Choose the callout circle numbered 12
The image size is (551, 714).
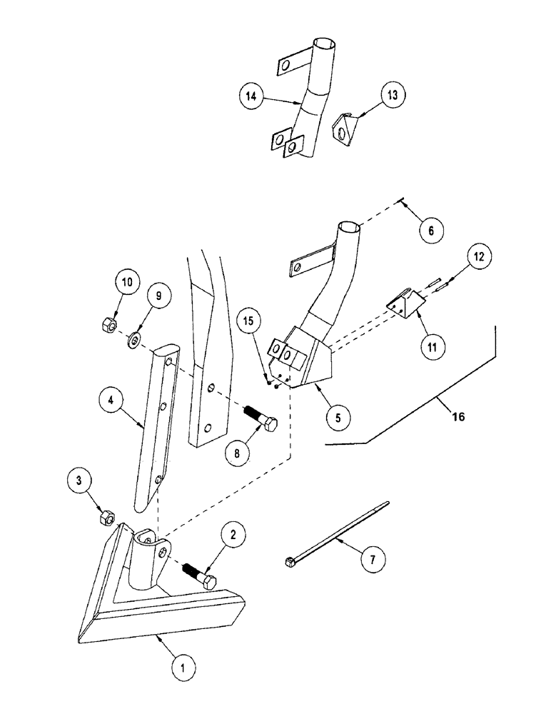pyautogui.click(x=480, y=257)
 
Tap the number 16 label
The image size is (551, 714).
pyautogui.click(x=458, y=416)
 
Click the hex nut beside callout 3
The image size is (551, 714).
pyautogui.click(x=107, y=516)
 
